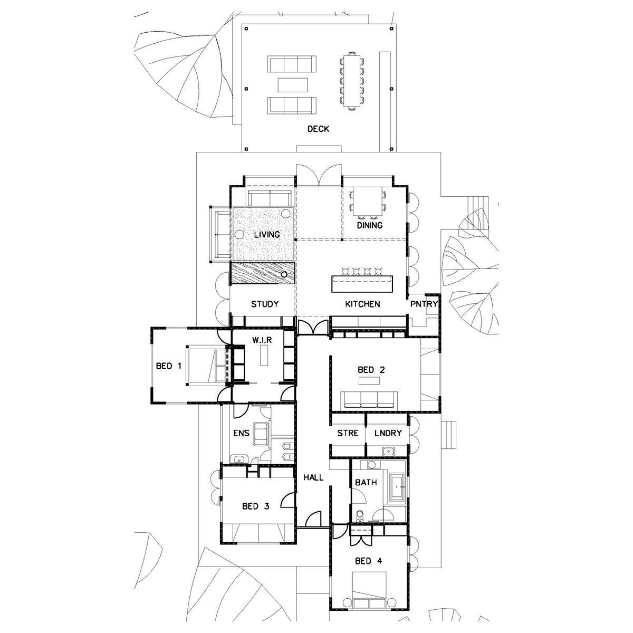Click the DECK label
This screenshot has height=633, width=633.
coord(318,129)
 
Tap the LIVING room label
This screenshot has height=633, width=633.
coord(267,235)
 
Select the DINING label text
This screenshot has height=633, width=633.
coord(370,225)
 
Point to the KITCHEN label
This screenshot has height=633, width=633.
coord(362,304)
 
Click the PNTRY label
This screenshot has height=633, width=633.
coord(424,304)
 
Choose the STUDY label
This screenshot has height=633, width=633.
coord(265,304)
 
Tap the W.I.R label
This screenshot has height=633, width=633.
coord(262,340)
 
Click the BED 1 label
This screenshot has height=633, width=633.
coord(168,366)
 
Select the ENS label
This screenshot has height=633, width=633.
coord(242,433)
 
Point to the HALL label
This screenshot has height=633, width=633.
coord(313,477)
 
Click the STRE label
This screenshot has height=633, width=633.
coord(348,433)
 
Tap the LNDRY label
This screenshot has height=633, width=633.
coord(388,433)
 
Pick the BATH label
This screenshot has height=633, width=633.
coord(366,483)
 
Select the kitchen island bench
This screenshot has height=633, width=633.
coord(362,284)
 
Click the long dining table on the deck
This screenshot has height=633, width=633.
coord(352,81)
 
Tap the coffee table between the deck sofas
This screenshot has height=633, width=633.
coord(293,85)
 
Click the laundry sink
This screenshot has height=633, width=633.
coord(389,452)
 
